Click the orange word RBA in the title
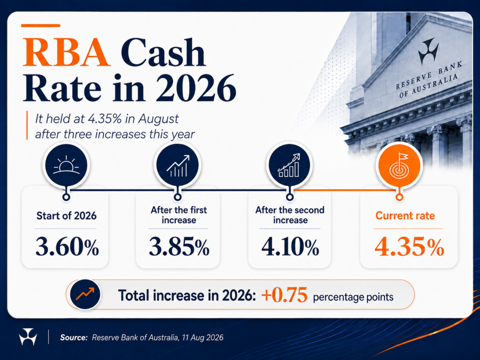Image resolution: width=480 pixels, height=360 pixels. (67, 52)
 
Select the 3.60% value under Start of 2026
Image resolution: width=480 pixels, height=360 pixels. (67, 247)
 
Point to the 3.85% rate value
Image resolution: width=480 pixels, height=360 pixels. (179, 247)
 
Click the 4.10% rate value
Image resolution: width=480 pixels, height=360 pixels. (290, 247)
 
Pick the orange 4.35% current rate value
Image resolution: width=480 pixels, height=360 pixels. (409, 247)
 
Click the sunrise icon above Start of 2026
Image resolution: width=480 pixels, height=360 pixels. (66, 165)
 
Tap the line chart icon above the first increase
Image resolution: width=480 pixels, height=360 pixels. (178, 165)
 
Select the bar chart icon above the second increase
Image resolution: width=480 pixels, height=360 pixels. (289, 165)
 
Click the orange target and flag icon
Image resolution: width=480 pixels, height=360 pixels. (399, 165)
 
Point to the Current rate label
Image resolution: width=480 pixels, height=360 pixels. (405, 216)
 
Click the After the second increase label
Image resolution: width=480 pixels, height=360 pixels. (290, 215)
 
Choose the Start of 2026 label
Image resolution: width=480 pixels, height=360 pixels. (67, 216)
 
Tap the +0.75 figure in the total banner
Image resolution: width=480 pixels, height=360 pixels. (285, 295)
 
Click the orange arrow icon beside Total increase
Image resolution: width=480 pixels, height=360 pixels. (85, 294)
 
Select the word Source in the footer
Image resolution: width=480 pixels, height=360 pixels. (74, 337)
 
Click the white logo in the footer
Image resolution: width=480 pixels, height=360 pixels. (28, 337)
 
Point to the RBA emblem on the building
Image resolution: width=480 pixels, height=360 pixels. (428, 51)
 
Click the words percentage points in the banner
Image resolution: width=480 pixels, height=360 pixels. (353, 297)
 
